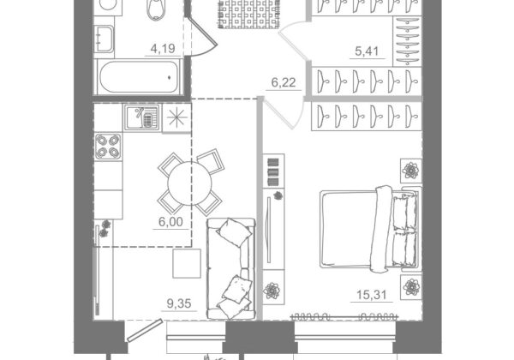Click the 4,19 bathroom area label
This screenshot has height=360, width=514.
(x=163, y=49)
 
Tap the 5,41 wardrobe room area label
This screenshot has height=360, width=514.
(x=367, y=51)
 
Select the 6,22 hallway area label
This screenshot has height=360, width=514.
(x=284, y=82)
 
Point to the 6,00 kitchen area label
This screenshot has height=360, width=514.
(x=170, y=222)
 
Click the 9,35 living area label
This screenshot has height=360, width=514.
(x=179, y=303)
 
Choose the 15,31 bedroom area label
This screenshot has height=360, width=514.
(x=372, y=295)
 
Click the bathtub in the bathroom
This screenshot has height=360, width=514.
(x=139, y=77)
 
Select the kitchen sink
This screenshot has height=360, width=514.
(x=142, y=117)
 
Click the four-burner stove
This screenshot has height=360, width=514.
(x=108, y=147)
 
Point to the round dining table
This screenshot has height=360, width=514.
(x=190, y=183)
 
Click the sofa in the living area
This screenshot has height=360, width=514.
(x=230, y=268)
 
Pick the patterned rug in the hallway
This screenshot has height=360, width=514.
(x=248, y=14)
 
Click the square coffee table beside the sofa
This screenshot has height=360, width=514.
(x=187, y=263)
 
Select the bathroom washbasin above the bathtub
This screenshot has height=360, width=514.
(x=105, y=39)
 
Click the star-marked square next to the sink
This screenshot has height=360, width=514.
(x=176, y=118)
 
